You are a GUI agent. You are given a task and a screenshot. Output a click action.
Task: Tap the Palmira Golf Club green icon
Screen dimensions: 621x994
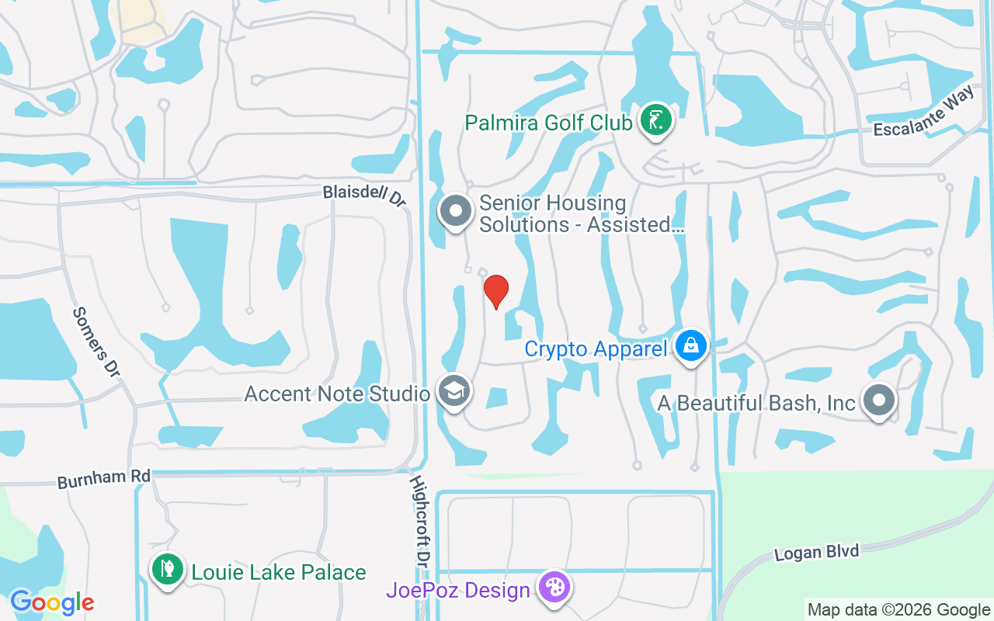[x=656, y=120]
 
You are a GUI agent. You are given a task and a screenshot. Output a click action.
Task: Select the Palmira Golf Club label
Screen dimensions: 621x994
[x=548, y=123]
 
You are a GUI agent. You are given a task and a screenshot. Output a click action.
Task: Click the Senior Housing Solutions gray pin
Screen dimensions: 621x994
[x=456, y=211]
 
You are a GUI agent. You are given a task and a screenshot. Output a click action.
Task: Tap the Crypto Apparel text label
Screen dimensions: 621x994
[x=596, y=349]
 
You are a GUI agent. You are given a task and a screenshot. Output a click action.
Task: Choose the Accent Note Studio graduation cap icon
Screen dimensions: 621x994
[x=454, y=391]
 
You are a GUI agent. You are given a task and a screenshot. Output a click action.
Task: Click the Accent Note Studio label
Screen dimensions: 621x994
[x=337, y=394]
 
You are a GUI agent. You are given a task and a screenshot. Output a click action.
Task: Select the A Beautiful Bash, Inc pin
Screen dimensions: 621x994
[x=879, y=401]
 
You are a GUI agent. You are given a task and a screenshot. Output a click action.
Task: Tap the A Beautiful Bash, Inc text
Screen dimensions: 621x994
[x=756, y=403]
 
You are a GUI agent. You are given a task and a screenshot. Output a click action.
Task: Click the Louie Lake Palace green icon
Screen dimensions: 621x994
[x=167, y=571]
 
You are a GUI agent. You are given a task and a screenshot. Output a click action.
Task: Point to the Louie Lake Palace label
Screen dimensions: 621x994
[x=279, y=573]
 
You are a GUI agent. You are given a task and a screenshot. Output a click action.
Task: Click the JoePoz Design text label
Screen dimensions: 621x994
[x=458, y=590]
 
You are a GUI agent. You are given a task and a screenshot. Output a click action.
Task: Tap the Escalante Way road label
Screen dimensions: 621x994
[x=923, y=113]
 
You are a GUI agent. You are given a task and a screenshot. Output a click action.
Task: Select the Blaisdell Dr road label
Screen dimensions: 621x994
[x=365, y=196]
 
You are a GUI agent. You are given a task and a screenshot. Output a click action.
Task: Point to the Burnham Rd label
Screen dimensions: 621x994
[x=103, y=478]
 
